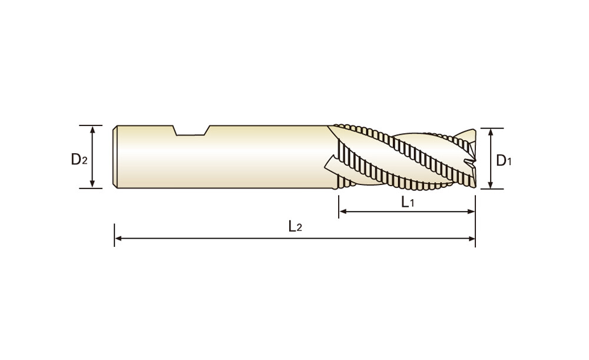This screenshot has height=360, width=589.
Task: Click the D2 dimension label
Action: pos(79,159)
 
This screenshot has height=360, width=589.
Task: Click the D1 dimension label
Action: pos(504,160)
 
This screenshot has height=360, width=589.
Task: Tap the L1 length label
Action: pos(408,202)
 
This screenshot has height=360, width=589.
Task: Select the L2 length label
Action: pos(295,226)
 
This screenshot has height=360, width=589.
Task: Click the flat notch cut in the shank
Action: pos(191,131)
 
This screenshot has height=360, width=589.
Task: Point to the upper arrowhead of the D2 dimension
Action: pos(92,130)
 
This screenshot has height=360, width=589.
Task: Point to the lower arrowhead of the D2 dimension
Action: pos(92,183)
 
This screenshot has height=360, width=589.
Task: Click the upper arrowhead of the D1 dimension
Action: pos(490,133)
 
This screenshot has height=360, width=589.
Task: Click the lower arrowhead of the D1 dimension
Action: pos(490,184)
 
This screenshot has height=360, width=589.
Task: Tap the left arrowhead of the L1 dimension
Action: pos(343,212)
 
